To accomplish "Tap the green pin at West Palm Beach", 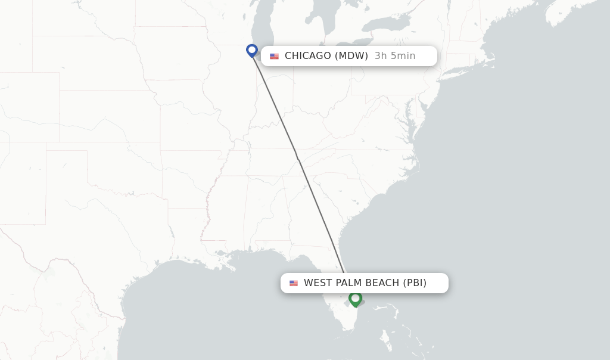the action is (x=356, y=298).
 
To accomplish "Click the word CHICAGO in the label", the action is (x=307, y=56).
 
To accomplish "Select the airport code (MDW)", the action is (x=351, y=56).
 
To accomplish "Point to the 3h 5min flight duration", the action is (x=395, y=56).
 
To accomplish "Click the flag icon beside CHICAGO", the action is (x=274, y=57).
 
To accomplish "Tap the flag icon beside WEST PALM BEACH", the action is (x=294, y=283).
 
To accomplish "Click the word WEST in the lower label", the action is (x=317, y=283).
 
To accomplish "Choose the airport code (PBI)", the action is (x=415, y=283).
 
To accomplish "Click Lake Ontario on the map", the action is (x=388, y=24).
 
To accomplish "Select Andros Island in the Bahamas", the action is (x=388, y=343).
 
